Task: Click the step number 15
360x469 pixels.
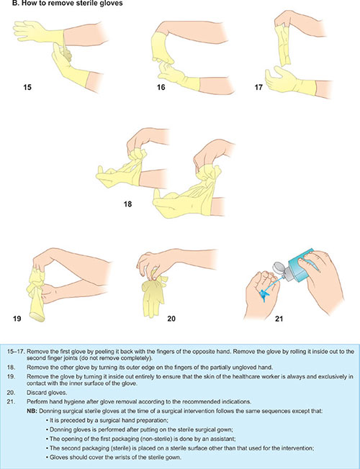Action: pos(27,87)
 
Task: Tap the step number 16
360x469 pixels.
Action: pos(161,87)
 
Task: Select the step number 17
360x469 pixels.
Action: pos(258,87)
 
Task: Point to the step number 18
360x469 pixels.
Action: pos(127,204)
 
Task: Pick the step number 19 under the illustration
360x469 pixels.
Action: pos(17,319)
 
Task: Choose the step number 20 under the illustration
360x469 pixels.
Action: pos(171,319)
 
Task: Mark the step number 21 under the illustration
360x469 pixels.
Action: pos(279,319)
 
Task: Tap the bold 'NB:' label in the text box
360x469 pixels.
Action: pos(32,411)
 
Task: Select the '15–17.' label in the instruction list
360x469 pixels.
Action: pos(16,352)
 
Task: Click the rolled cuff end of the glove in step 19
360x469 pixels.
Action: pos(37,317)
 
